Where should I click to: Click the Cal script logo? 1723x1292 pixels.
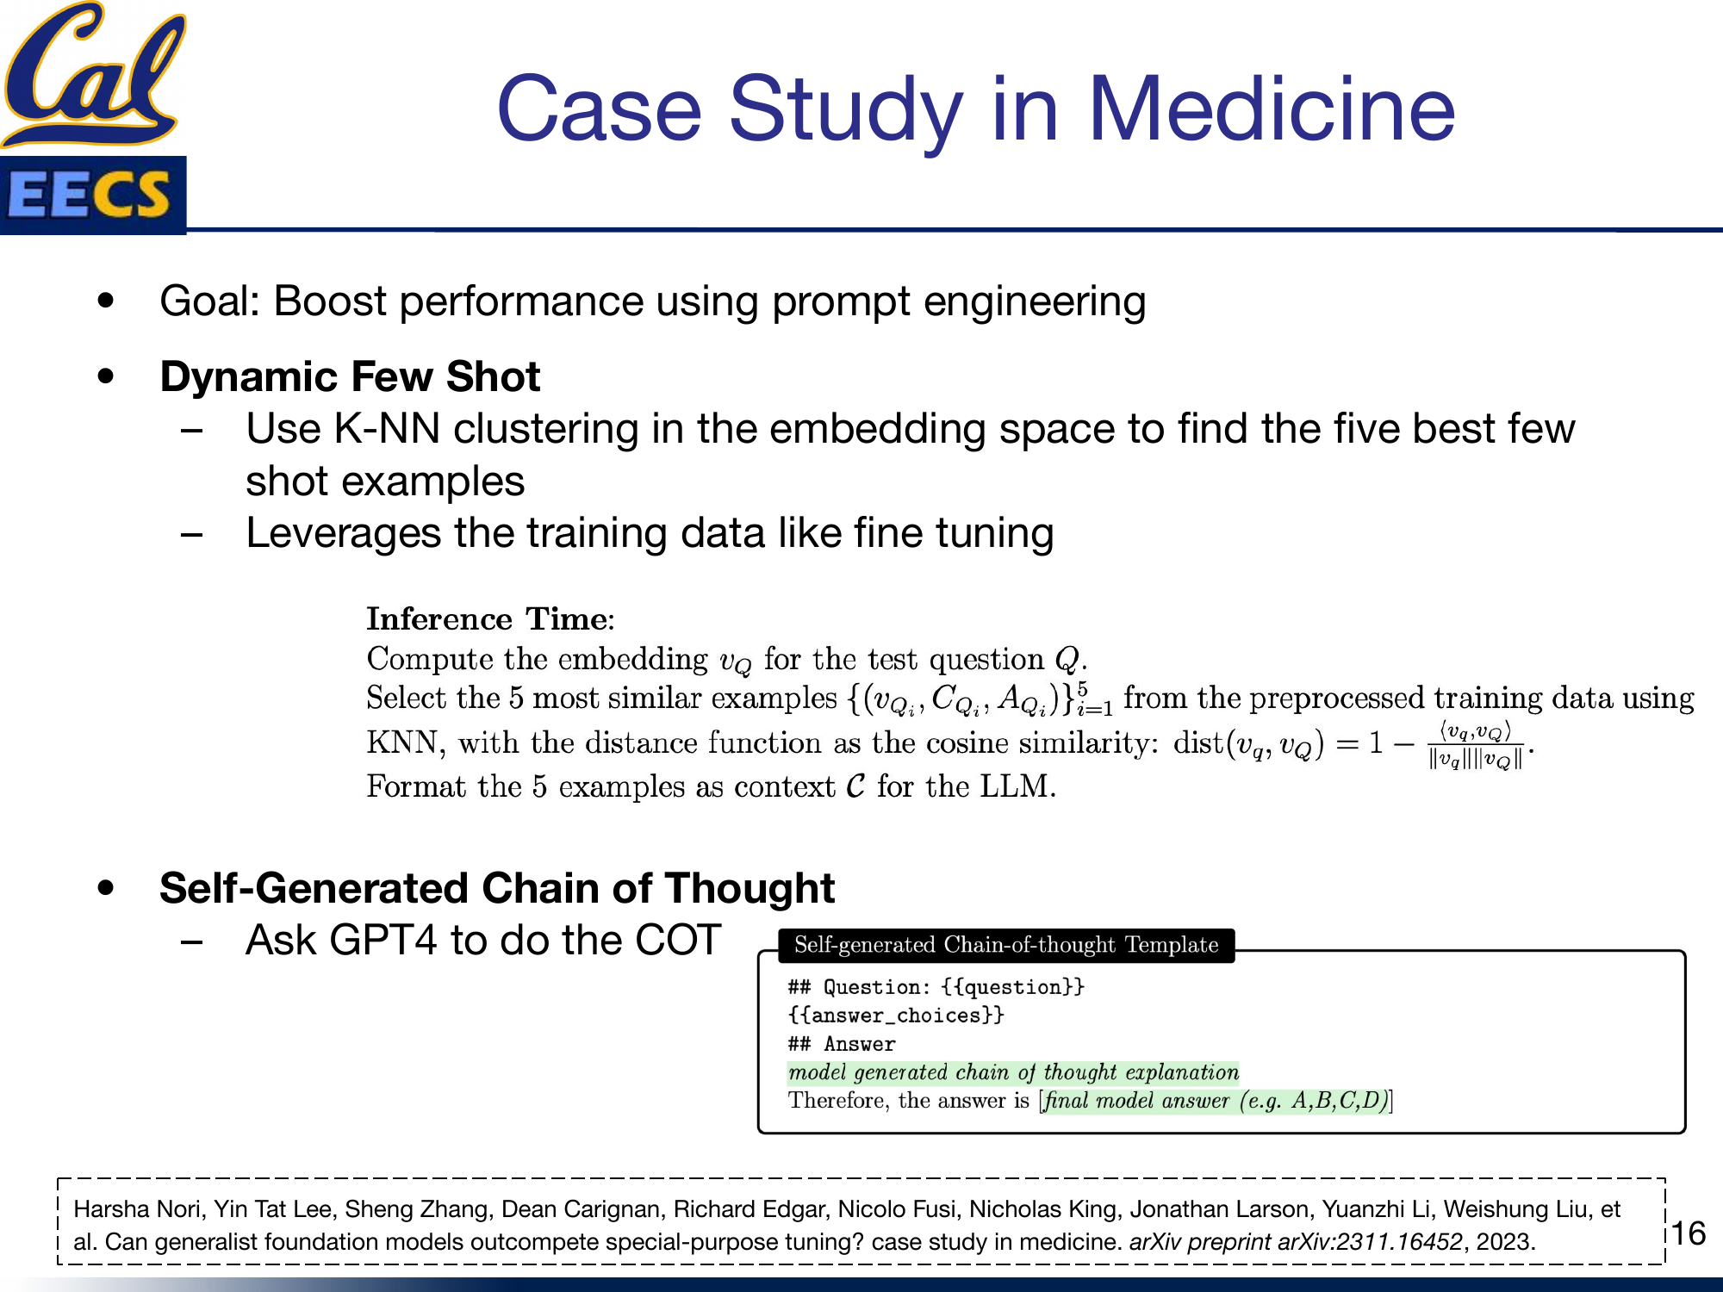[93, 73]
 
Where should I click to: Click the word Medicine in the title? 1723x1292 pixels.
[1271, 109]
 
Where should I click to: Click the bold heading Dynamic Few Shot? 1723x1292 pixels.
[350, 376]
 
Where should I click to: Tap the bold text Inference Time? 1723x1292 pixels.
[490, 618]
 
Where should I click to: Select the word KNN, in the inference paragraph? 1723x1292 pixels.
[405, 742]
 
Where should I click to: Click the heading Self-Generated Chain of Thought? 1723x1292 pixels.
[497, 888]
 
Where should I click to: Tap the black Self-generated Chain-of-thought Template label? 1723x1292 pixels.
[1005, 945]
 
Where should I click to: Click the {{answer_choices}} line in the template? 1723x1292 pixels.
[896, 1016]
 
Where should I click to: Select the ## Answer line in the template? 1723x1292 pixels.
[842, 1044]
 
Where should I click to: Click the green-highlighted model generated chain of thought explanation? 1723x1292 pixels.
[1013, 1072]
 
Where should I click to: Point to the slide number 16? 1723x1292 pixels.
[1689, 1233]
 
